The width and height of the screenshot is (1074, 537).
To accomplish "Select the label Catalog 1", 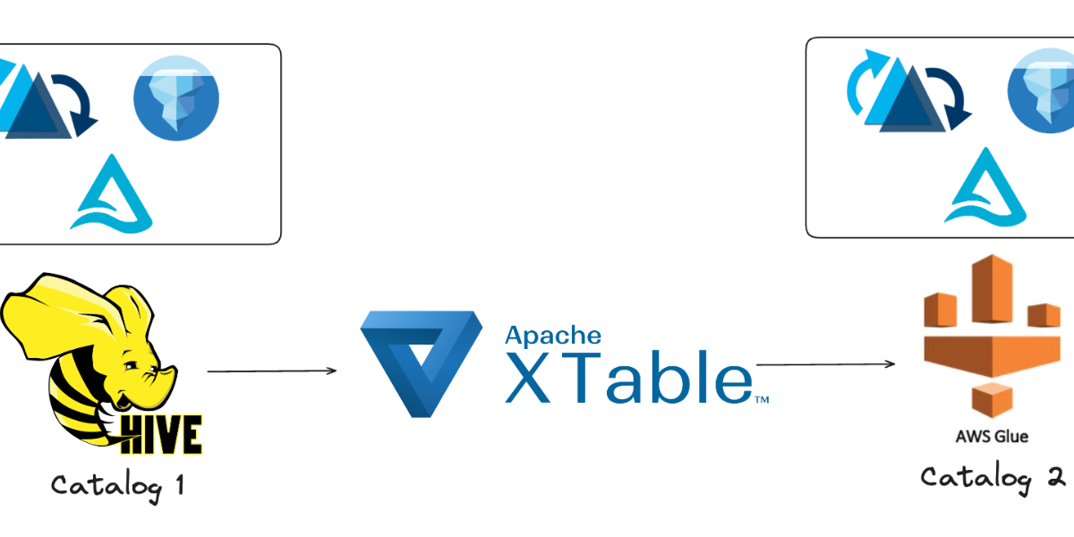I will [117, 486].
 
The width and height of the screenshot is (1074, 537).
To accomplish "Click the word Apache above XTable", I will [553, 335].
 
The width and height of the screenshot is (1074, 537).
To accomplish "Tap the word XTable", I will [626, 378].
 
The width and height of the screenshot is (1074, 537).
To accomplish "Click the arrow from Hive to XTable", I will [272, 371].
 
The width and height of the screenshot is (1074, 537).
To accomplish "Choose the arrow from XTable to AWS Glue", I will [826, 364].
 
